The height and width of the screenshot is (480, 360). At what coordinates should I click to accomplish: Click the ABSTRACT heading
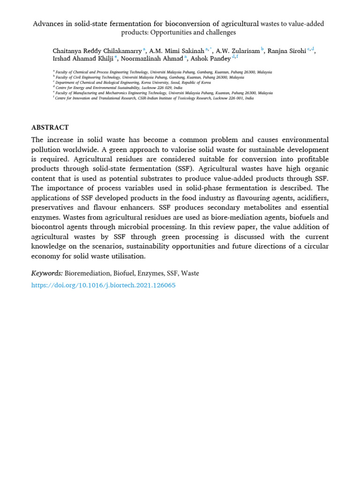[50, 127]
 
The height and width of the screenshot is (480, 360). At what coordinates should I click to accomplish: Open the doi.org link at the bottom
[103, 285]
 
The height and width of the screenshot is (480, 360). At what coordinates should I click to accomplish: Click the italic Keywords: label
[47, 273]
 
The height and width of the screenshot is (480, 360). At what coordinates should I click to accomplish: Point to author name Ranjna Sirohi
[286, 51]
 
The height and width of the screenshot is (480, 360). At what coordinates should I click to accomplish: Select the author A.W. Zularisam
[237, 51]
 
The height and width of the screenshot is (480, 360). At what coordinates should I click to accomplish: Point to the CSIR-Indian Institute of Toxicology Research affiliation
[155, 98]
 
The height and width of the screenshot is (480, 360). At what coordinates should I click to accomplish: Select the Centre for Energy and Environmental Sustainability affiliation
[120, 88]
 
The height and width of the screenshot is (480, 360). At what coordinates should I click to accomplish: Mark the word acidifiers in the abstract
[312, 197]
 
